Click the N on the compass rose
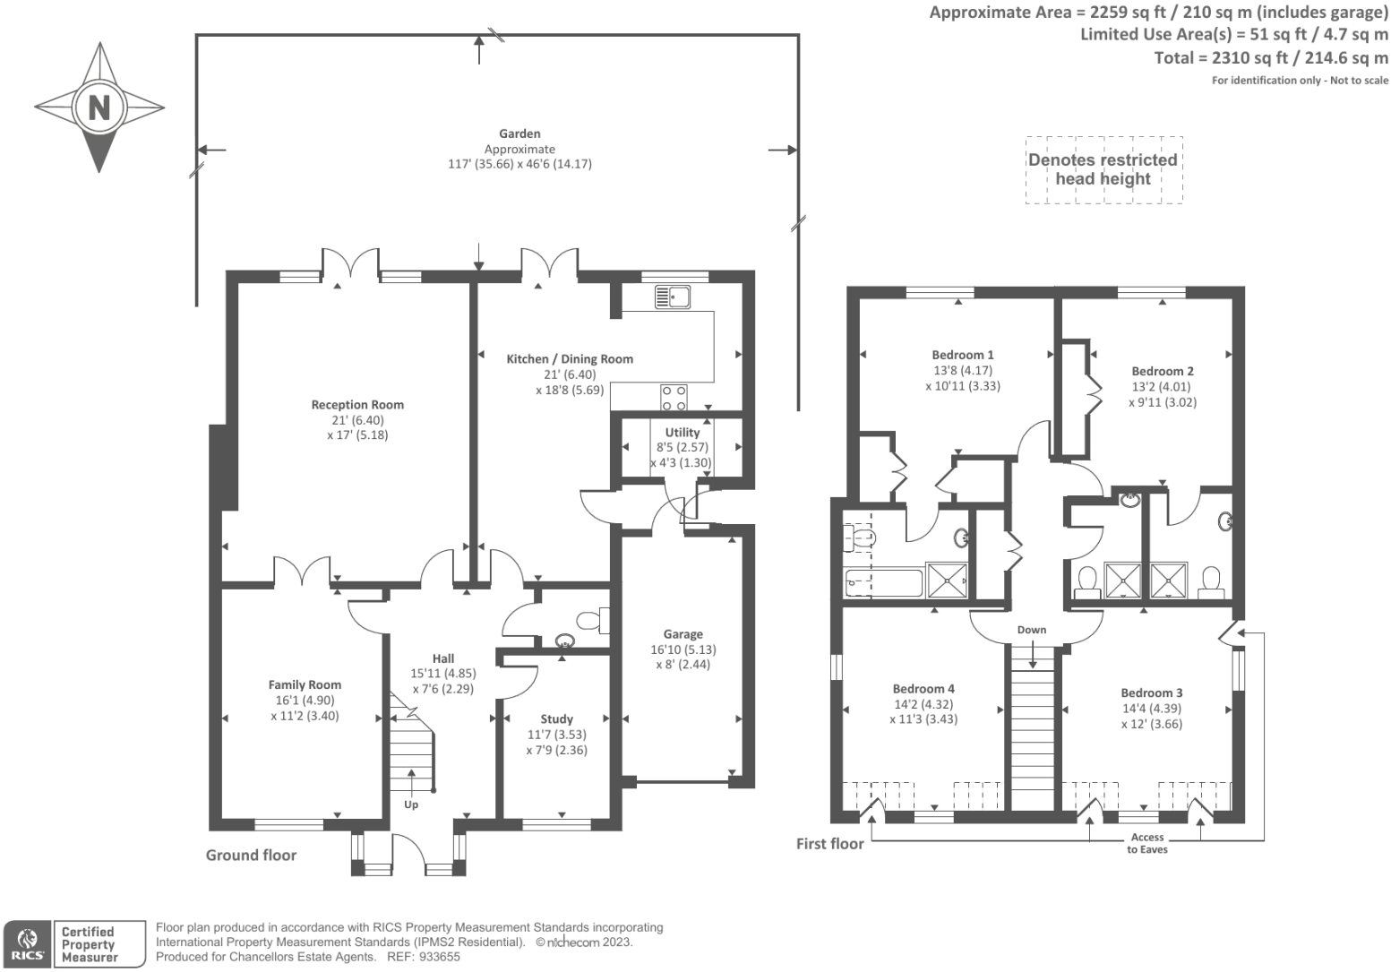pos(99,107)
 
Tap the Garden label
pos(519,133)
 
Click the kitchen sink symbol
pos(672,297)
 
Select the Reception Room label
pos(357,405)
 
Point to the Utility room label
pos(682,433)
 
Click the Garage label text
pos(683,634)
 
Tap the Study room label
pos(556,719)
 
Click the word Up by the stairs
pos(411,804)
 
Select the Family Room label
pos(305,685)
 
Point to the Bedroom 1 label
pos(963,355)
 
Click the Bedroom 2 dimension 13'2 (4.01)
pos(1163,387)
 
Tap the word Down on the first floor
pos(1032,630)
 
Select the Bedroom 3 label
pos(1152,693)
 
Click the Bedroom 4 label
pos(923,689)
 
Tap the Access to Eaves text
pos(1147,843)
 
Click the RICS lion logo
pos(28,943)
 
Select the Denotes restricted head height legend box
pos(1103,169)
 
